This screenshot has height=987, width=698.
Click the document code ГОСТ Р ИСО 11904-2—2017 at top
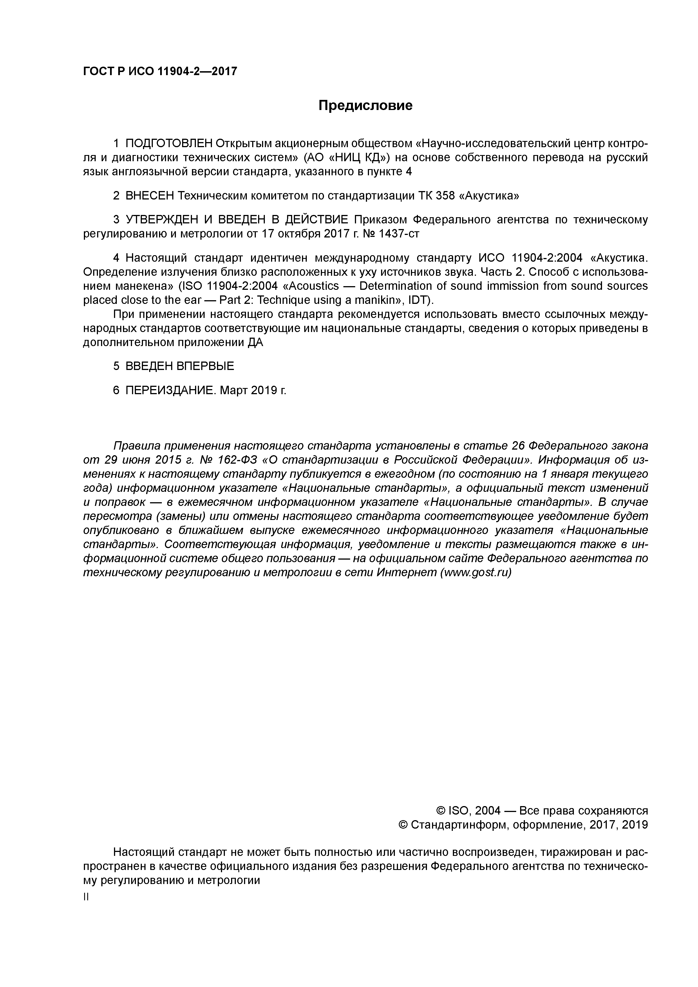click(x=160, y=71)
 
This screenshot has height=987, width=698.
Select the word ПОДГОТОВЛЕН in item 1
click(x=169, y=143)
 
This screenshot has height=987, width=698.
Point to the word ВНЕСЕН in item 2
click(x=150, y=196)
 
